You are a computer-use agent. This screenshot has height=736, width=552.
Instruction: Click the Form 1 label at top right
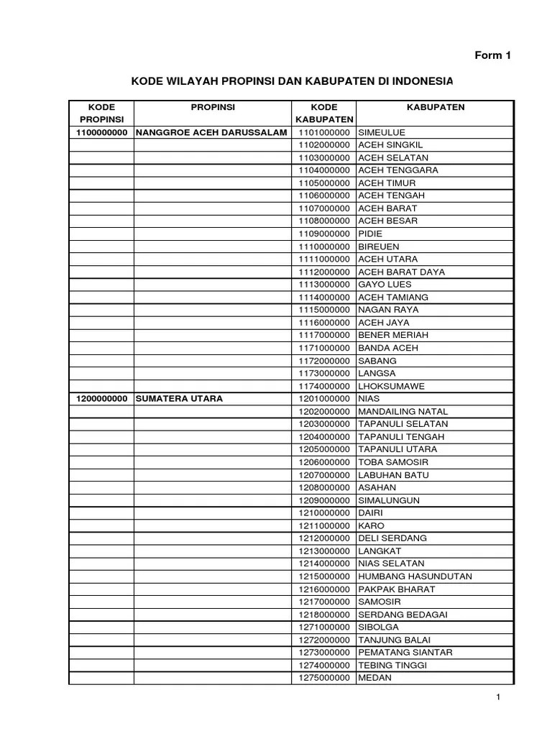(492, 55)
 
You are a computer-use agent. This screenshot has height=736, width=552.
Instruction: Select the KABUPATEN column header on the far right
(436, 107)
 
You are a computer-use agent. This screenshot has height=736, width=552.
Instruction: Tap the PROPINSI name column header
(213, 107)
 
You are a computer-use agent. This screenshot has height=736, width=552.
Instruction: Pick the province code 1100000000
(101, 132)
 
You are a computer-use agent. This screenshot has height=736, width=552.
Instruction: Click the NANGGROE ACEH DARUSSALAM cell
(211, 132)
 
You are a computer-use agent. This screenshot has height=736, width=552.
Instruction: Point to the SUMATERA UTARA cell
(179, 398)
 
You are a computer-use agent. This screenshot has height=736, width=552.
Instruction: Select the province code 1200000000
(101, 398)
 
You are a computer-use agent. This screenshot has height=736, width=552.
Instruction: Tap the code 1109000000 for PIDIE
(323, 234)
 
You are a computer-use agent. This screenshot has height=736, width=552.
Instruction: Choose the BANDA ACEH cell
(387, 348)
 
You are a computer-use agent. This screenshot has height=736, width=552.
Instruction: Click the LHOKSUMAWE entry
(391, 386)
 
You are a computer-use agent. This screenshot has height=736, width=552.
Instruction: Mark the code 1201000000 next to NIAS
(323, 398)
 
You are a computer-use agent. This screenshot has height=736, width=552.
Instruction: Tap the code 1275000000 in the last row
(323, 677)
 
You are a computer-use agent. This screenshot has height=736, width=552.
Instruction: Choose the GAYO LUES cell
(385, 285)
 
